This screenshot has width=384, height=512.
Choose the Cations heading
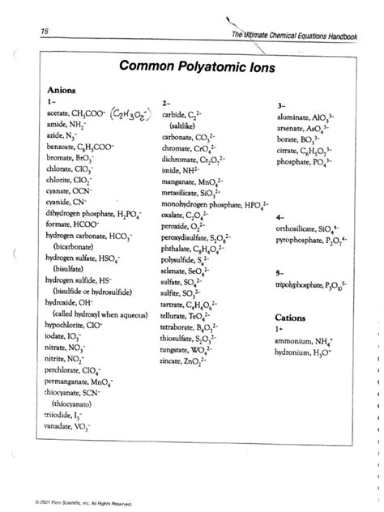coord(290,318)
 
